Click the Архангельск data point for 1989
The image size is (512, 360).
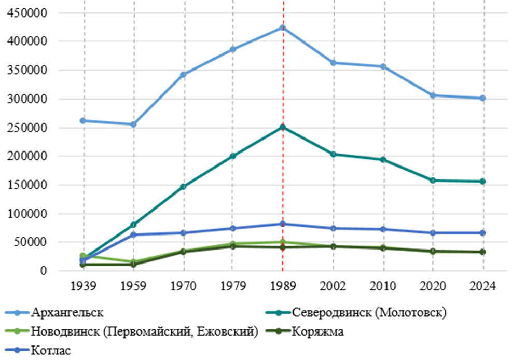pyautogui.click(x=283, y=27)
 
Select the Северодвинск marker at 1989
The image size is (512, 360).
pyautogui.click(x=283, y=127)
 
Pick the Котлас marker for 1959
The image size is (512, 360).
pyautogui.click(x=133, y=234)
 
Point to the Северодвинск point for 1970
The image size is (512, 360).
pyautogui.click(x=183, y=186)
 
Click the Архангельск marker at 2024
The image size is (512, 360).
pyautogui.click(x=483, y=98)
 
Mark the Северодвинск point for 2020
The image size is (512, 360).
pyautogui.click(x=433, y=181)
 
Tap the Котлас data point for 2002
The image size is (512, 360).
pyautogui.click(x=333, y=228)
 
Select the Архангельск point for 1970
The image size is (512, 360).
pyautogui.click(x=183, y=75)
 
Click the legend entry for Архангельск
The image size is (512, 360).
pyautogui.click(x=67, y=313)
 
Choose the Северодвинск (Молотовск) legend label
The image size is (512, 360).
pyautogui.click(x=369, y=313)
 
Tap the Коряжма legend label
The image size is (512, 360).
pyautogui.click(x=317, y=331)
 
